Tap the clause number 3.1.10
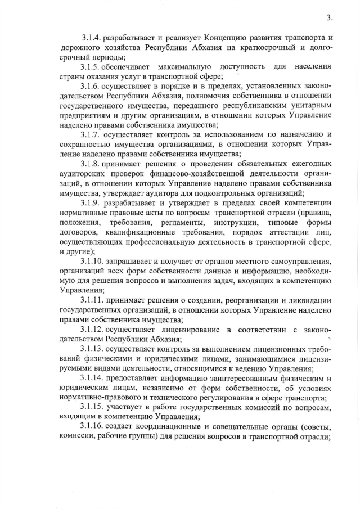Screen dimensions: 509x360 (x=93, y=262)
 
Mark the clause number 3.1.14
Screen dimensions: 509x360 (x=93, y=378)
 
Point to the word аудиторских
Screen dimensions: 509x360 (x=81, y=173)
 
